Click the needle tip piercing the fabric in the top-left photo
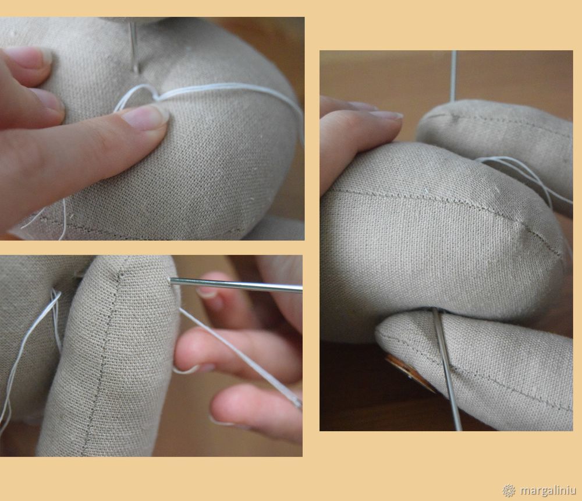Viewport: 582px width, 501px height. [x=137, y=72]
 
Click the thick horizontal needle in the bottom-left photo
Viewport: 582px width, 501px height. [x=236, y=285]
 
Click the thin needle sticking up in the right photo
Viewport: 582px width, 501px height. [x=453, y=76]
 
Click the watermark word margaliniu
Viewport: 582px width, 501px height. [x=548, y=490]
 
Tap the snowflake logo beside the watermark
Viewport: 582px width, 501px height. [x=509, y=490]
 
